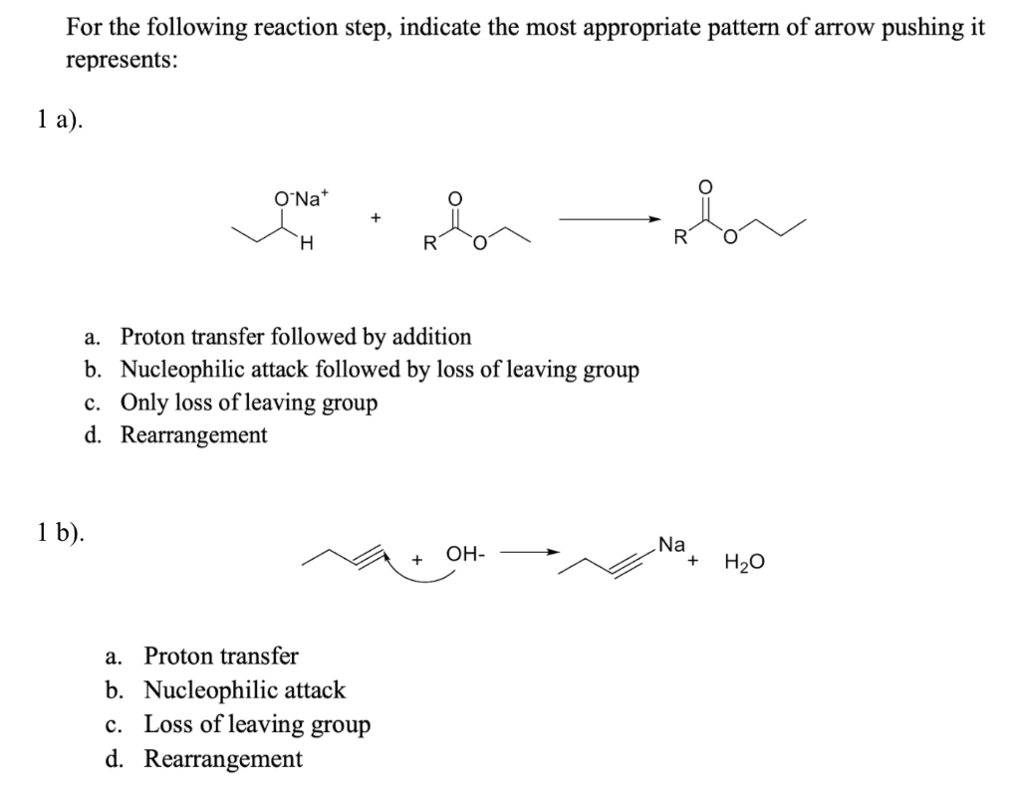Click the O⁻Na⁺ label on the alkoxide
tap(298, 197)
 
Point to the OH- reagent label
tap(465, 553)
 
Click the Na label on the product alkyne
tap(672, 545)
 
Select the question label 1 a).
tap(56, 121)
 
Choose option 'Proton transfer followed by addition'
tap(296, 337)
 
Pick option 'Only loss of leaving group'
tap(249, 402)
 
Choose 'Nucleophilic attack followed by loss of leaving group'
tap(380, 370)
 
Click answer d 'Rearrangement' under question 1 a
tap(193, 435)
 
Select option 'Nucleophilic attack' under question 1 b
tap(244, 689)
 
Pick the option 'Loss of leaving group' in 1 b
tap(257, 724)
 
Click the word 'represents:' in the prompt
tap(123, 60)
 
